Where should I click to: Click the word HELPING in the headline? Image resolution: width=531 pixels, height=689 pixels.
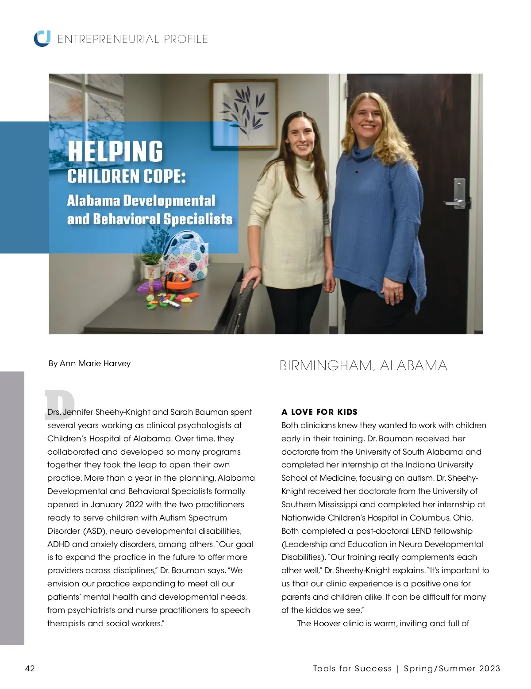(115, 151)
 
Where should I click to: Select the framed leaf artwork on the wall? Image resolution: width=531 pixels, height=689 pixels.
(244, 112)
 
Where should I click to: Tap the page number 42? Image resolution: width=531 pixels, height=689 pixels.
(30, 668)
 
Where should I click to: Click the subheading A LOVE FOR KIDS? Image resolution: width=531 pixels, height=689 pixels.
(319, 412)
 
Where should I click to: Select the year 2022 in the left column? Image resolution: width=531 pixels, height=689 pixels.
(135, 505)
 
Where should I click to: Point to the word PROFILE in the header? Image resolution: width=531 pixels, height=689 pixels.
(186, 39)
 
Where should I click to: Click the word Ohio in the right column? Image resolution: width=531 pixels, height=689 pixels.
(463, 518)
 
